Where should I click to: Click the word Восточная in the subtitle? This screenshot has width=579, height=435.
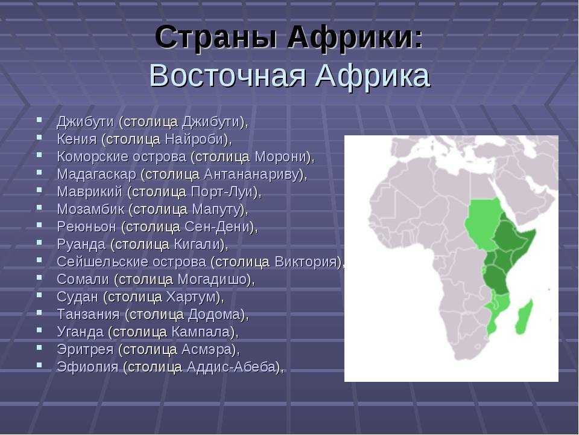coord(227,76)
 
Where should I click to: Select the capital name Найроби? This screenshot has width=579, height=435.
coord(194,140)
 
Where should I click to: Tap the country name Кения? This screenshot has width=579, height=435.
coord(77,140)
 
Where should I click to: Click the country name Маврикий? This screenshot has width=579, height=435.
coord(90,192)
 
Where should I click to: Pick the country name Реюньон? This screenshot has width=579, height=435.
coord(86,227)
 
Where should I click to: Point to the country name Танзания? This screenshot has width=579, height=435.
coord(89,314)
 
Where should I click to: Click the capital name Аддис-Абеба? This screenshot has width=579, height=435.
coord(232,367)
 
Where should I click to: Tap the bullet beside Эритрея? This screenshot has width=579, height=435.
coord(39,347)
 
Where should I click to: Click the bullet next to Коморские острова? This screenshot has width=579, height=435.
coord(39,155)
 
